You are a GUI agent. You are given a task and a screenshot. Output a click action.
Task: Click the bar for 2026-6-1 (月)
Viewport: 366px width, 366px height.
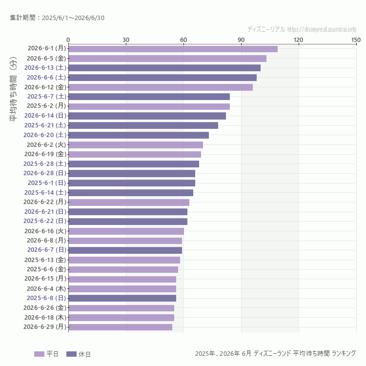(173, 49)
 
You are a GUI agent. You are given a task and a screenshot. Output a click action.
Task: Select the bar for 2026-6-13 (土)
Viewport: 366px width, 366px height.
(164, 68)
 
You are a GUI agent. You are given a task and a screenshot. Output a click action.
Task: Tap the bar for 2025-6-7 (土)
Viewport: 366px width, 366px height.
(149, 97)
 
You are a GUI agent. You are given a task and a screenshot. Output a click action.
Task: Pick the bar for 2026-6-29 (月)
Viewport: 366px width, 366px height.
(121, 327)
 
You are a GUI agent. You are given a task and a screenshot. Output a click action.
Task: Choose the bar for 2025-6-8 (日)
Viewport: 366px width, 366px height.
(122, 298)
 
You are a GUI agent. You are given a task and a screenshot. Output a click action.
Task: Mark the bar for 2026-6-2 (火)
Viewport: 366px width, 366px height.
(136, 145)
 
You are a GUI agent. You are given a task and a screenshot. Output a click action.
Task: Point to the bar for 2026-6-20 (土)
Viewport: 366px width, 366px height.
(139, 135)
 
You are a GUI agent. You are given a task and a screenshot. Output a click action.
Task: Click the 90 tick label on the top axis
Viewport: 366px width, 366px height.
(241, 40)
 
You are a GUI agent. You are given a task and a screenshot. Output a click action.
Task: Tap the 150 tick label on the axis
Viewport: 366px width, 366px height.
(356, 40)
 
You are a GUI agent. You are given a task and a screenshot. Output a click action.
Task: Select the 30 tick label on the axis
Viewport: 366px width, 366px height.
(126, 40)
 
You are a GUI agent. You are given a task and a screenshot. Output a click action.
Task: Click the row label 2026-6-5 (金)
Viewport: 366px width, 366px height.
(46, 59)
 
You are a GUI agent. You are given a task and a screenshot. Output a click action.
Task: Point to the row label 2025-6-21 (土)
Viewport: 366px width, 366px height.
(45, 125)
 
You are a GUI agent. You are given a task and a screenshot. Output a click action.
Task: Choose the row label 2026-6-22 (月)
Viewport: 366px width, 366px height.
(45, 202)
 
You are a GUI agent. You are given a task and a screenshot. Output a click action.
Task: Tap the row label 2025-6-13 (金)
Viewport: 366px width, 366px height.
(45, 260)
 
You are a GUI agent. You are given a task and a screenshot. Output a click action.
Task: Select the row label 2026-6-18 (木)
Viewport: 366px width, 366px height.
(45, 318)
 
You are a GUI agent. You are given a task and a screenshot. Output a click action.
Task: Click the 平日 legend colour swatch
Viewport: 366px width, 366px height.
(39, 354)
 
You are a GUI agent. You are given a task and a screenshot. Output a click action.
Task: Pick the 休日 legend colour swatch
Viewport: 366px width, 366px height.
(71, 354)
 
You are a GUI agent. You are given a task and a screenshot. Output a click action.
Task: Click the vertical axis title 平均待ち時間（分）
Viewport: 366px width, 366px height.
(14, 89)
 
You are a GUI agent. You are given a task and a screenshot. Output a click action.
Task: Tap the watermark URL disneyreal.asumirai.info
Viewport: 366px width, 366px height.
(322, 29)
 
